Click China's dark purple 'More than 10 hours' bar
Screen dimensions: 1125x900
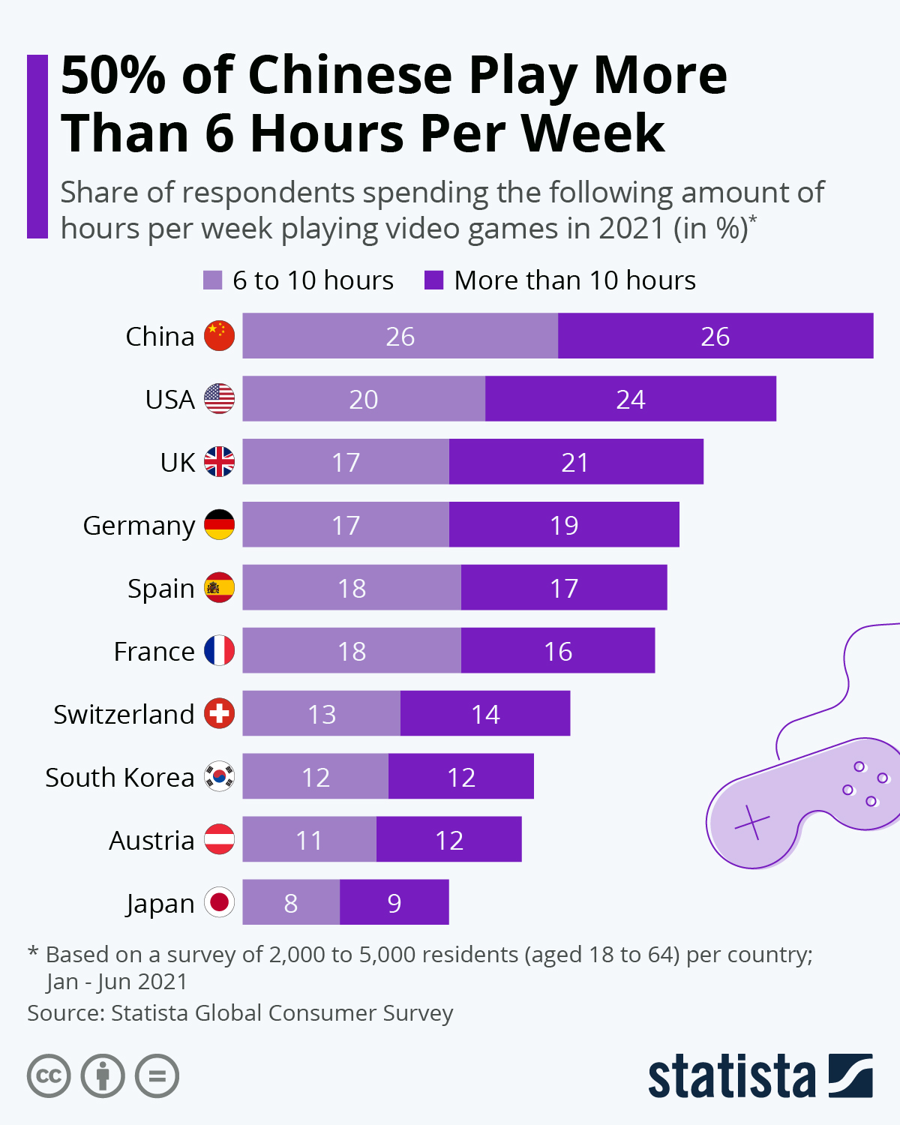pos(715,336)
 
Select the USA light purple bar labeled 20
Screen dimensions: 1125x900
pos(364,399)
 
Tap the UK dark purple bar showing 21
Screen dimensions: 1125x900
pos(575,462)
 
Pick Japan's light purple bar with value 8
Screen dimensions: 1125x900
pos(291,902)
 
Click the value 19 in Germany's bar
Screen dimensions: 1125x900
pos(564,525)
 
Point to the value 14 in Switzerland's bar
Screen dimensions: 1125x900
pos(485,714)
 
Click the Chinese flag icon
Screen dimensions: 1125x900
pos(219,336)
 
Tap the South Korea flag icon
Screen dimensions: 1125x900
pos(219,776)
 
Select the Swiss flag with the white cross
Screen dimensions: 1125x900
pos(219,713)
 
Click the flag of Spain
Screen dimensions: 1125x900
pos(219,587)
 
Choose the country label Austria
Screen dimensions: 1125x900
pos(151,840)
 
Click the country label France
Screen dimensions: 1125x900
pos(154,651)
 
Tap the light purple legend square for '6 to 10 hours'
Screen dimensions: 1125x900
pos(213,280)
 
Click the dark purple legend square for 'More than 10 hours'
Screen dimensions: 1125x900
pos(434,280)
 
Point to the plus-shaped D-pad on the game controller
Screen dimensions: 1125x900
pos(752,823)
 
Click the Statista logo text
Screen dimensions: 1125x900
pos(731,1077)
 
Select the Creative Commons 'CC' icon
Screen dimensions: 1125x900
pos(49,1076)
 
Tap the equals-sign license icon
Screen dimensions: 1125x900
pos(157,1076)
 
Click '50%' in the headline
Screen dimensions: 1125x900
pos(112,76)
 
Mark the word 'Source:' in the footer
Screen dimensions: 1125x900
pos(65,1013)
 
